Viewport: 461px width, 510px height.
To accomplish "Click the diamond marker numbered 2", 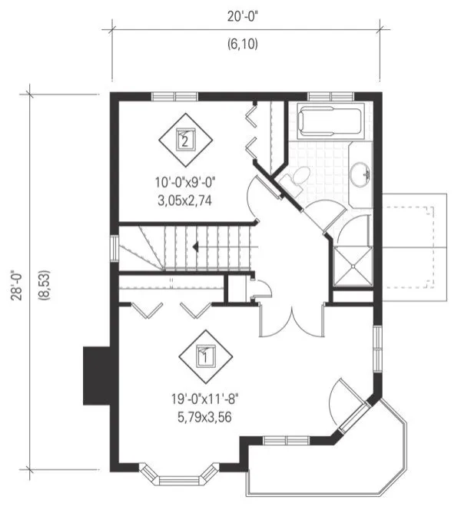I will [184, 139].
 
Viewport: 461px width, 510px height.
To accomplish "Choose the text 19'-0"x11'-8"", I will [204, 401].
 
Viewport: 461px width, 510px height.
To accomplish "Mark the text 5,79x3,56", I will [204, 418].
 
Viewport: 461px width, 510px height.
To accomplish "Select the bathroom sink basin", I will [359, 175].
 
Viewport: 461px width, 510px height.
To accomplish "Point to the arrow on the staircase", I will [196, 247].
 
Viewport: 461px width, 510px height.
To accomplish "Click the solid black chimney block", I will [98, 371].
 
